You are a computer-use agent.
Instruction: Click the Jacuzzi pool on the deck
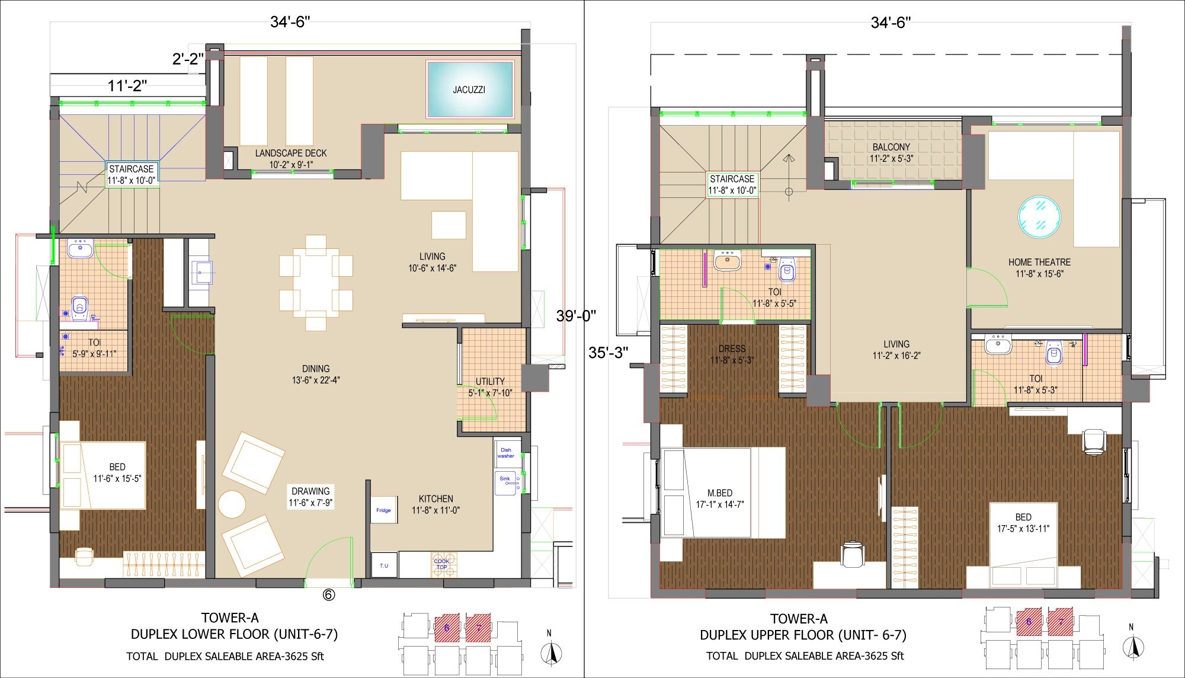pos(470,89)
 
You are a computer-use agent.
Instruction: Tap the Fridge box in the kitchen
pos(383,510)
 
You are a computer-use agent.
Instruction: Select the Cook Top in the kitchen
pos(442,565)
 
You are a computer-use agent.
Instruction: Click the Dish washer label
pos(506,453)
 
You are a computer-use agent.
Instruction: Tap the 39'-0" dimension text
pos(575,316)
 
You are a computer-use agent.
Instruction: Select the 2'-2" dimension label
pos(188,59)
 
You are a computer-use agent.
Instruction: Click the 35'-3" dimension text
pos(608,353)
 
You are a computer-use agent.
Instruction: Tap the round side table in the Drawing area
pos(232,504)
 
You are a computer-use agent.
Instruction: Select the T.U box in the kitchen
pos(384,565)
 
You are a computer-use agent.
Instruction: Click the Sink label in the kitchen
pos(505,479)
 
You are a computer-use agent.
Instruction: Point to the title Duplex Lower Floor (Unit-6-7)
pos(234,634)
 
